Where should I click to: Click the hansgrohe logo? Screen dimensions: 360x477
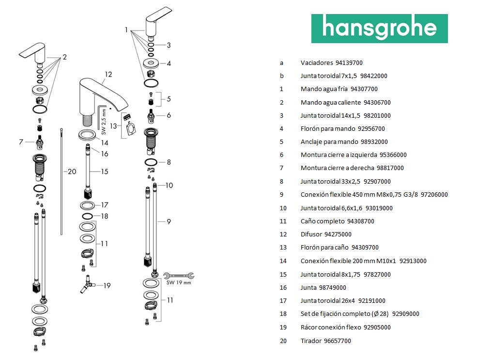click(379, 29)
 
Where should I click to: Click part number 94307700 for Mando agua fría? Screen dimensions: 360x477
click(364, 89)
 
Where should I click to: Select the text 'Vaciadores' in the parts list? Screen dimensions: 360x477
click(316, 63)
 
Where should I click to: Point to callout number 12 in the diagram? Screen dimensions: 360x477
click(108, 74)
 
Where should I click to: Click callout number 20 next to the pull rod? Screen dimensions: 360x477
click(72, 172)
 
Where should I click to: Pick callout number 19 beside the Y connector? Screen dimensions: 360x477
click(107, 285)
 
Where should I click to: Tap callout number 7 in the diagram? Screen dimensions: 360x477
click(21, 142)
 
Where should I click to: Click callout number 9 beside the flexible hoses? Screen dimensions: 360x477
click(169, 221)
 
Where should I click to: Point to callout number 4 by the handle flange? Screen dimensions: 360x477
click(169, 63)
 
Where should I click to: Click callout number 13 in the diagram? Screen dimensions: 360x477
click(114, 125)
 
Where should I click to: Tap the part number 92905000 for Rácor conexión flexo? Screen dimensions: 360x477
click(377, 327)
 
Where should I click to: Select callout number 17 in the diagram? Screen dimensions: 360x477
click(105, 205)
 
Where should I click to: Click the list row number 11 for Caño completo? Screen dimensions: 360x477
click(283, 221)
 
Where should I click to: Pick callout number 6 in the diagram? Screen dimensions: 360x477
click(169, 115)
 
